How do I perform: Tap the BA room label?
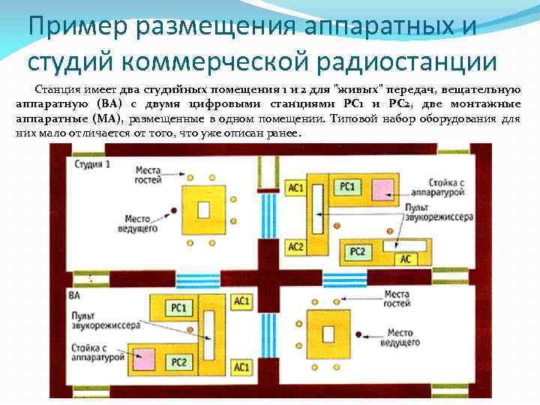click(x=73, y=295)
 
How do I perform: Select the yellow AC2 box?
click(x=295, y=245)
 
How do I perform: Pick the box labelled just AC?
click(x=405, y=259)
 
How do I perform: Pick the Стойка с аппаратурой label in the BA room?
click(x=99, y=353)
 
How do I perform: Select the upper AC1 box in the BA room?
click(x=241, y=301)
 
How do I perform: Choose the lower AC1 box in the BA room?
click(x=241, y=367)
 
